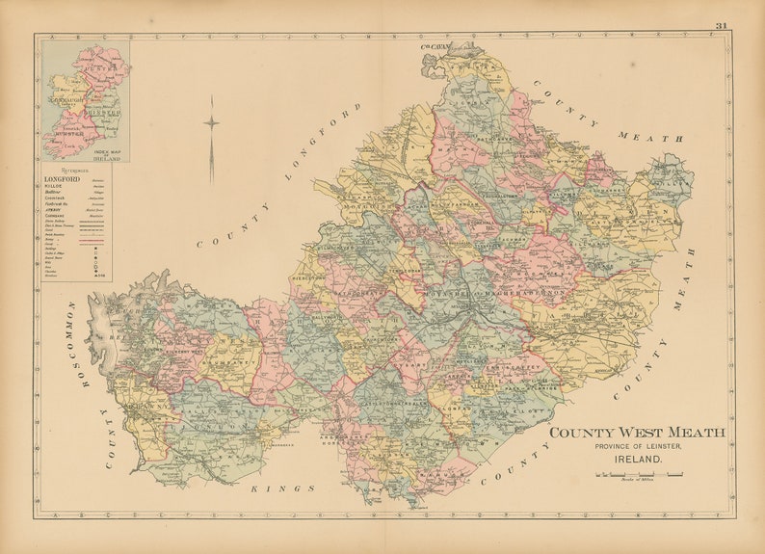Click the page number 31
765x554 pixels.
point(722,25)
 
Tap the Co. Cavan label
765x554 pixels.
point(435,45)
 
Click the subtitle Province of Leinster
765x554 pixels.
point(638,446)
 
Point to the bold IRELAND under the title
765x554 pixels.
point(637,460)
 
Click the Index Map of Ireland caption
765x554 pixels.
point(106,152)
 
